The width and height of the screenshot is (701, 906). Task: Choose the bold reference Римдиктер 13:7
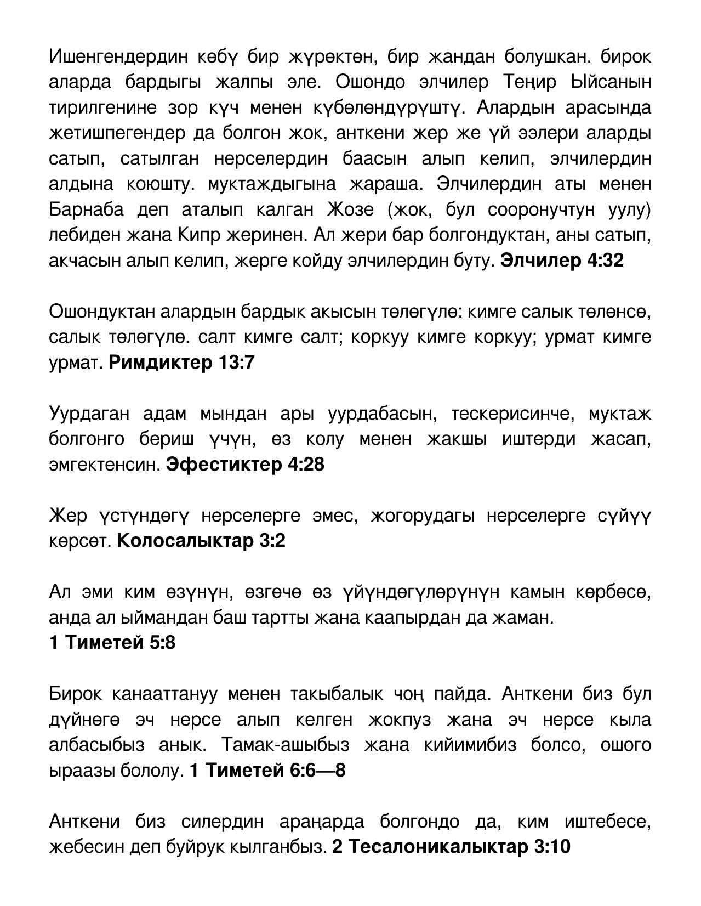pos(181,363)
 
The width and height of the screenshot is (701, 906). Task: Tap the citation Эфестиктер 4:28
pos(244,465)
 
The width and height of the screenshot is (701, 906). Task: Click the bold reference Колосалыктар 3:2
pos(201,541)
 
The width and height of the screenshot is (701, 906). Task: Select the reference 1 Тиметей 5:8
pos(112,643)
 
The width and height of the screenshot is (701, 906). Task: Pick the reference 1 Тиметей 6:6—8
pos(267,771)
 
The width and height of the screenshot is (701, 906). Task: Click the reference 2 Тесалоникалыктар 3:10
pos(451,847)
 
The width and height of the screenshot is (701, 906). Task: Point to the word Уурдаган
pos(89,414)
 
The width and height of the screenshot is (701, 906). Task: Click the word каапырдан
pos(421,618)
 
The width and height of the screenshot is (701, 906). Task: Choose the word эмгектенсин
pos(104,465)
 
